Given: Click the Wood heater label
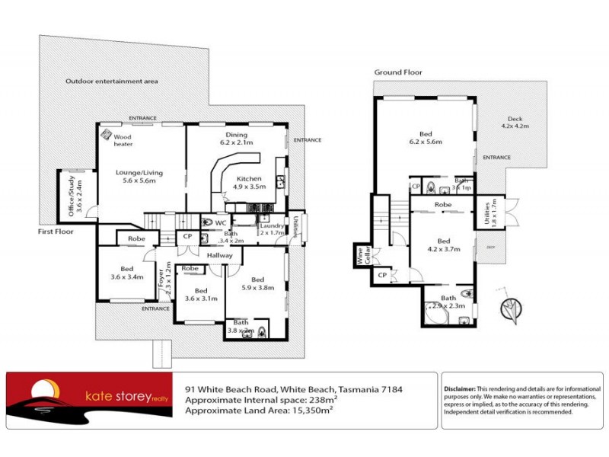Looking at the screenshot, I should (124, 140).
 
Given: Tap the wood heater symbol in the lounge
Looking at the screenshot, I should (107, 133).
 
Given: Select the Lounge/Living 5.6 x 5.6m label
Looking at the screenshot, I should (139, 177).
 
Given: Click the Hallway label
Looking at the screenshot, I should (209, 256).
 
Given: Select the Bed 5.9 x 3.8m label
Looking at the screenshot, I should (257, 283).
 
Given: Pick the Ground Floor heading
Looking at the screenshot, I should (397, 72).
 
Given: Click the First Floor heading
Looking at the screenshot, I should (56, 231).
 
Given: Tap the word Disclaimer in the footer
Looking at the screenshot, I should (459, 388).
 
